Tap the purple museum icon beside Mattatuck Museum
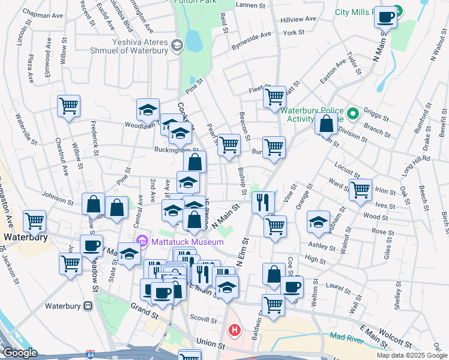coord(142,242)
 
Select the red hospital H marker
coord(235,330)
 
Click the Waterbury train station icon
coord(88,305)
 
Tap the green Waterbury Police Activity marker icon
coord(353,113)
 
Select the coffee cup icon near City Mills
coord(385,17)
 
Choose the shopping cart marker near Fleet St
coord(274,96)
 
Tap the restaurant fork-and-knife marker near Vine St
coord(263,202)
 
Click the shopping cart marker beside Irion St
coord(360,190)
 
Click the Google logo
coord(19,353)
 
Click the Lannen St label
coord(252,5)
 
